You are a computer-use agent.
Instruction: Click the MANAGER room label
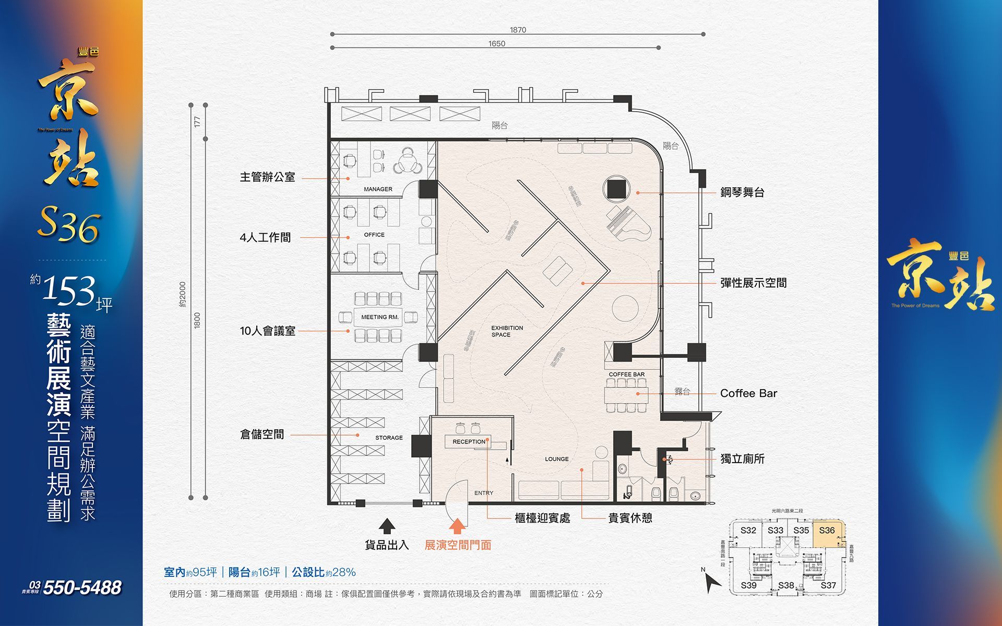[378, 189]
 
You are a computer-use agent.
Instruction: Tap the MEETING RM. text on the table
[379, 317]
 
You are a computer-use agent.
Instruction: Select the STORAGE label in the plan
[389, 438]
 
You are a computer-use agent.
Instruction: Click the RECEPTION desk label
[469, 442]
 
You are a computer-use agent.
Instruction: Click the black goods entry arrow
[387, 526]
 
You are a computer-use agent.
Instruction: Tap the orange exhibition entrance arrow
[457, 526]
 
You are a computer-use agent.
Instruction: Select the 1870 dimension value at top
[518, 30]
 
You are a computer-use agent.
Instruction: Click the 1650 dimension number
[497, 44]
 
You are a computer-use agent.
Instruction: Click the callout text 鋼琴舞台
[742, 192]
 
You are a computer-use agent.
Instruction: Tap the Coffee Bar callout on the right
[748, 393]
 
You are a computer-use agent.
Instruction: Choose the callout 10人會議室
[267, 331]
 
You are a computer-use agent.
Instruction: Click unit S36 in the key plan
[827, 531]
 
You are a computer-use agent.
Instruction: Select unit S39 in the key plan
[748, 585]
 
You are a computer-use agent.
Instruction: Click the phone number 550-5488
[82, 588]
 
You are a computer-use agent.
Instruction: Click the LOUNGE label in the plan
[557, 459]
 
